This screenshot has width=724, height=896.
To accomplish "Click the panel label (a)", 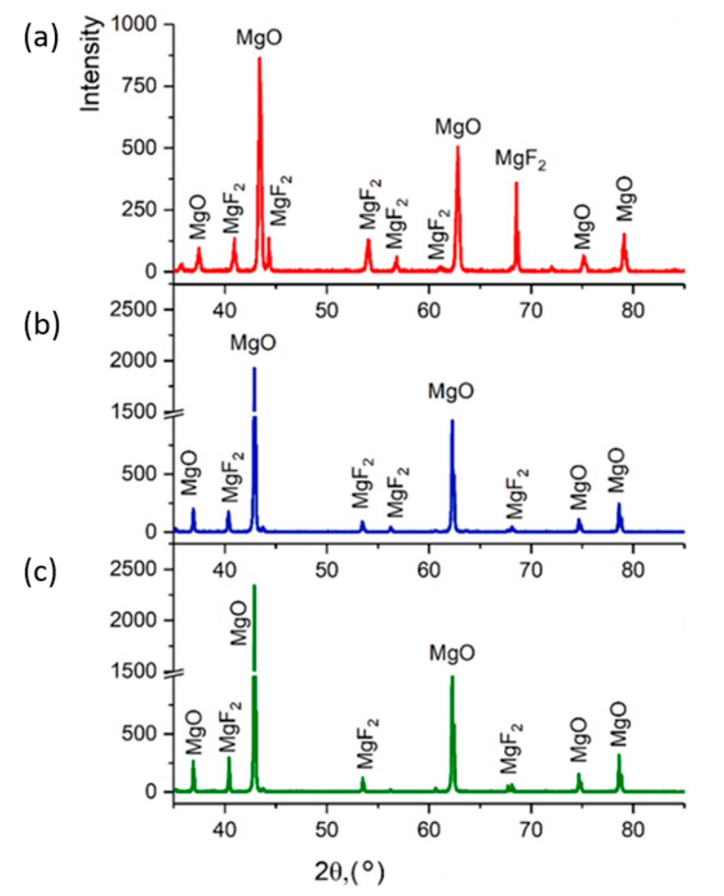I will (x=40, y=39).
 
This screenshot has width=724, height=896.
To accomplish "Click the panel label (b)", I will (x=40, y=326).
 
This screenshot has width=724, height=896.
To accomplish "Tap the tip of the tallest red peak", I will (x=259, y=58).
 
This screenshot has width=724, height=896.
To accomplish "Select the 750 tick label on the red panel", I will (x=140, y=86).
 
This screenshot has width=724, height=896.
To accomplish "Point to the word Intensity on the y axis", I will (x=91, y=64).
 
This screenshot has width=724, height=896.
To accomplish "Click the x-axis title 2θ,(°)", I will (x=349, y=871).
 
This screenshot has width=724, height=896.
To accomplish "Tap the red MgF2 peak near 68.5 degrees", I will (x=516, y=183).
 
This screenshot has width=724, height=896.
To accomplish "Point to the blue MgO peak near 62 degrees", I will (x=452, y=421).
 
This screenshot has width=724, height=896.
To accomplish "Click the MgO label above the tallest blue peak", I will (x=253, y=343).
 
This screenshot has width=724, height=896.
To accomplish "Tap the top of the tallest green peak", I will (x=254, y=586).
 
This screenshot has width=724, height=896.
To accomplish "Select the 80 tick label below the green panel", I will (x=633, y=829).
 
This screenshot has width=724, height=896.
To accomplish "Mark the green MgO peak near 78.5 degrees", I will (x=619, y=756).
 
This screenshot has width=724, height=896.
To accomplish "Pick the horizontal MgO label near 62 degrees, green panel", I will (x=452, y=653).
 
